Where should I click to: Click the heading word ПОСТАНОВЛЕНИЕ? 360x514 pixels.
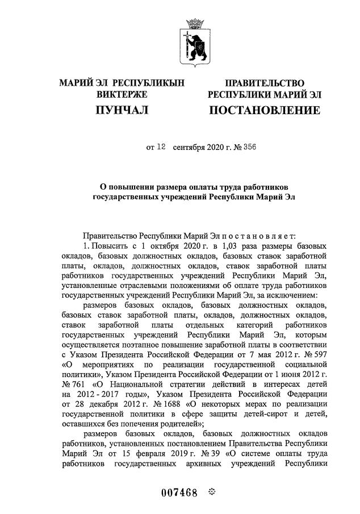[x=264, y=109]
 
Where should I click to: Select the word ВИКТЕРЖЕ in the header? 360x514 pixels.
[x=122, y=94]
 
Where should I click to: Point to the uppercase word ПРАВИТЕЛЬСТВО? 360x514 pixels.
[x=264, y=83]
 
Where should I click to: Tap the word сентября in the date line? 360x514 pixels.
[x=190, y=147]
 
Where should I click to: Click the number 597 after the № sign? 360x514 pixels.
[x=318, y=346]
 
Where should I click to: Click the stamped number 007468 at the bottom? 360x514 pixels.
[x=170, y=492]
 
